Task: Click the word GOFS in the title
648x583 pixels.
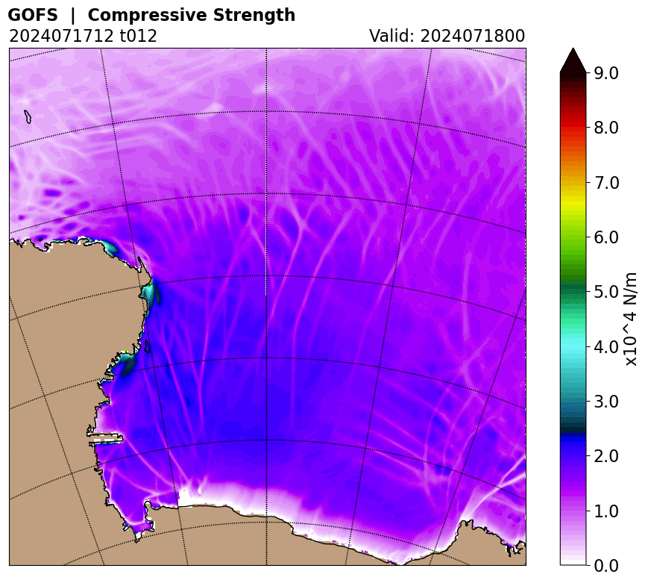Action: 33,15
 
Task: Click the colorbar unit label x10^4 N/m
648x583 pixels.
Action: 631,319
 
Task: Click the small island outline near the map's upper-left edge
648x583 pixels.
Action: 28,116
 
